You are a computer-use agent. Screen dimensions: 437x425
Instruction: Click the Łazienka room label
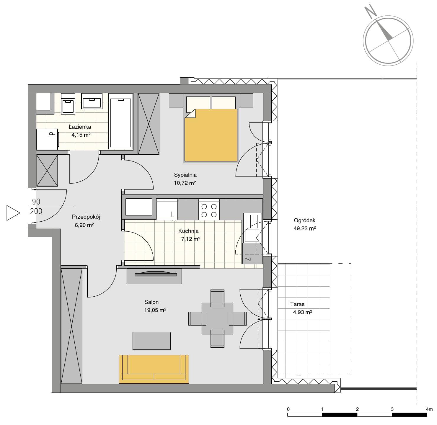80,127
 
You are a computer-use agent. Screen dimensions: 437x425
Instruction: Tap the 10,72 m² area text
185,183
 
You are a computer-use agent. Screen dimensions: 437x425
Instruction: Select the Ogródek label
304,220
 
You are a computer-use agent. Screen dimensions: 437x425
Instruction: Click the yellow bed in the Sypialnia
211,135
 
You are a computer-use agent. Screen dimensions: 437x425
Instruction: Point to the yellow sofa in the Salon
154,369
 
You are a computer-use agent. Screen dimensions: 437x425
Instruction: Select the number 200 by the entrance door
36,211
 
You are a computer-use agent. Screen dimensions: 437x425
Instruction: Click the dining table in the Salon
217,318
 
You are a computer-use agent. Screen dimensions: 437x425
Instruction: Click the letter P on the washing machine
52,134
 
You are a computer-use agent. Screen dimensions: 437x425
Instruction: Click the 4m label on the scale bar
429,409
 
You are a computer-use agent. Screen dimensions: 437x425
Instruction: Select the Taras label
297,304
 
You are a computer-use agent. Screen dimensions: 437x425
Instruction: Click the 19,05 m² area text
155,310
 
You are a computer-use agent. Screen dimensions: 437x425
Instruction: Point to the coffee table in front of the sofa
151,341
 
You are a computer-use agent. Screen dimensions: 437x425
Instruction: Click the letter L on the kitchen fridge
172,215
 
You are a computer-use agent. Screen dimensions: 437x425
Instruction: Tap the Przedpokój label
86,217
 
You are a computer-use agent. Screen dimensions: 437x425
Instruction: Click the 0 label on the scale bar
288,409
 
